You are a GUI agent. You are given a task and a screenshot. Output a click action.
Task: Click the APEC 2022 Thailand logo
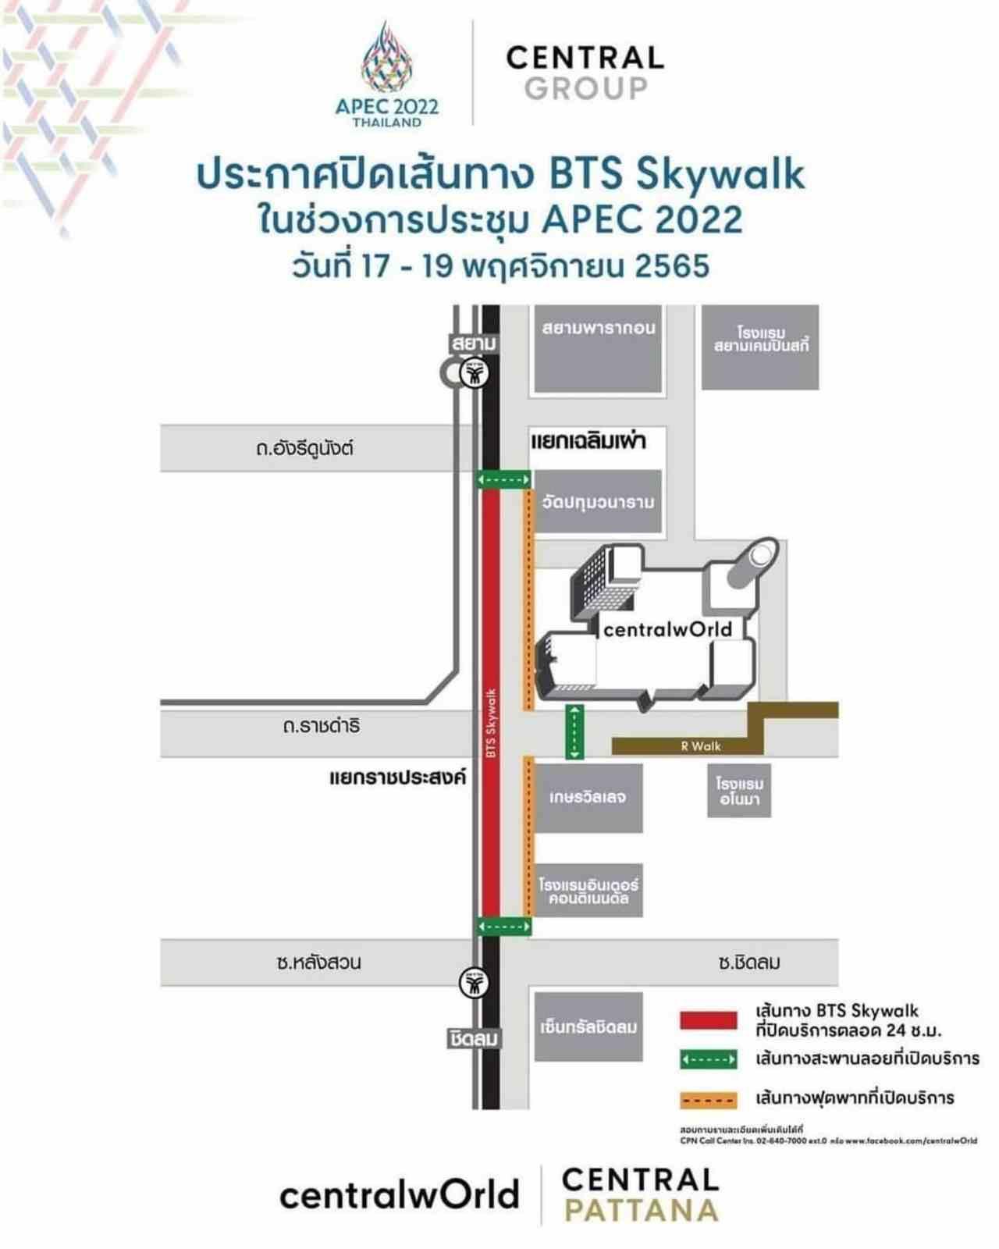pyautogui.click(x=387, y=75)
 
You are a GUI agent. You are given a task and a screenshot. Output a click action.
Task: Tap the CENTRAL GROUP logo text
pyautogui.click(x=585, y=73)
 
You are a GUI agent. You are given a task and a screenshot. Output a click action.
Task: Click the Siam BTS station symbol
pyautogui.click(x=473, y=374)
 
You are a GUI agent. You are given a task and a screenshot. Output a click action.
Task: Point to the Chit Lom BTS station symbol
pyautogui.click(x=473, y=981)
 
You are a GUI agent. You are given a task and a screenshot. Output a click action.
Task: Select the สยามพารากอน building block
pyautogui.click(x=598, y=349)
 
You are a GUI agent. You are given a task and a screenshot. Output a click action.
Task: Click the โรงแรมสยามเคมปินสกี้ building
pyautogui.click(x=760, y=347)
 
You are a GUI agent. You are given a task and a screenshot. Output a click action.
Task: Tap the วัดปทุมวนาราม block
pyautogui.click(x=598, y=502)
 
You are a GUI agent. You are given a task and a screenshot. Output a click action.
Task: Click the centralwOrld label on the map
pyautogui.click(x=668, y=629)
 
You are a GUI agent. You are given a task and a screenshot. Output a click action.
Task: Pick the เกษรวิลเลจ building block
pyautogui.click(x=588, y=798)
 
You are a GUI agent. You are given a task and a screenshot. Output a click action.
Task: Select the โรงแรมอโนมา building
pyautogui.click(x=739, y=791)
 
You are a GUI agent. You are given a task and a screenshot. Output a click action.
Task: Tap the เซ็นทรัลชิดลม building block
pyautogui.click(x=588, y=1027)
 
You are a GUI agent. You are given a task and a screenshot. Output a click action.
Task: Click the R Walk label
pyautogui.click(x=700, y=746)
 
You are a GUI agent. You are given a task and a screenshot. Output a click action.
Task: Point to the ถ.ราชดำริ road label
pyautogui.click(x=321, y=727)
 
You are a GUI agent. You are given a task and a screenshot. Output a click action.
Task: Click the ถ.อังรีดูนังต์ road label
pyautogui.click(x=304, y=449)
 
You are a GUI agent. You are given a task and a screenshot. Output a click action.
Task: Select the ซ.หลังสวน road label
pyautogui.click(x=318, y=963)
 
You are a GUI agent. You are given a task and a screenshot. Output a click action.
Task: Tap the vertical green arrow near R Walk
pyautogui.click(x=574, y=731)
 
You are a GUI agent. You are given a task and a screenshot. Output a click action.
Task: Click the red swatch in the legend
pyautogui.click(x=708, y=1020)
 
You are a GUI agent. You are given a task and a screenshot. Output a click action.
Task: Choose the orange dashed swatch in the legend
pyautogui.click(x=708, y=1100)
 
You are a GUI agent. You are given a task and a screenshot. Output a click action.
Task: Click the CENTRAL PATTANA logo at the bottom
pyautogui.click(x=640, y=1195)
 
